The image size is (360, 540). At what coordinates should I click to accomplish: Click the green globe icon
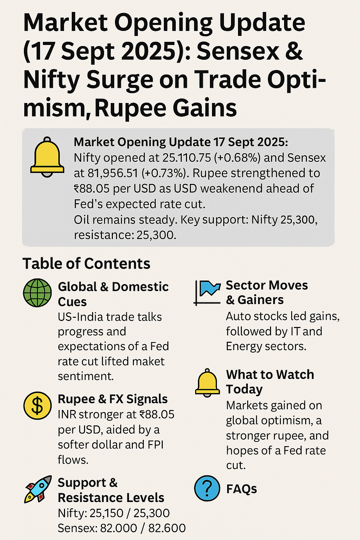click(x=37, y=292)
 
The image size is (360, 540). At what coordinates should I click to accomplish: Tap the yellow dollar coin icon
click(x=37, y=406)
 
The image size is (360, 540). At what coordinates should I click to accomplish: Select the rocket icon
click(x=38, y=489)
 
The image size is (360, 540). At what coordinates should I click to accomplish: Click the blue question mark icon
click(x=207, y=488)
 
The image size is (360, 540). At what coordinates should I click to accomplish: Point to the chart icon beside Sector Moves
click(x=207, y=292)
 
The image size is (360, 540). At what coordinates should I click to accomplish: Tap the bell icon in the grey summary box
click(x=47, y=157)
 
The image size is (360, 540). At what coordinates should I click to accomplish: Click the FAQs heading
click(x=242, y=489)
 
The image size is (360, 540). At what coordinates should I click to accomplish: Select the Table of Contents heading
click(x=86, y=264)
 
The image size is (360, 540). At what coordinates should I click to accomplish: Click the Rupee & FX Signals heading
click(x=112, y=399)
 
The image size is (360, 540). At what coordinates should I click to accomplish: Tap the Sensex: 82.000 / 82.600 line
click(x=122, y=528)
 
